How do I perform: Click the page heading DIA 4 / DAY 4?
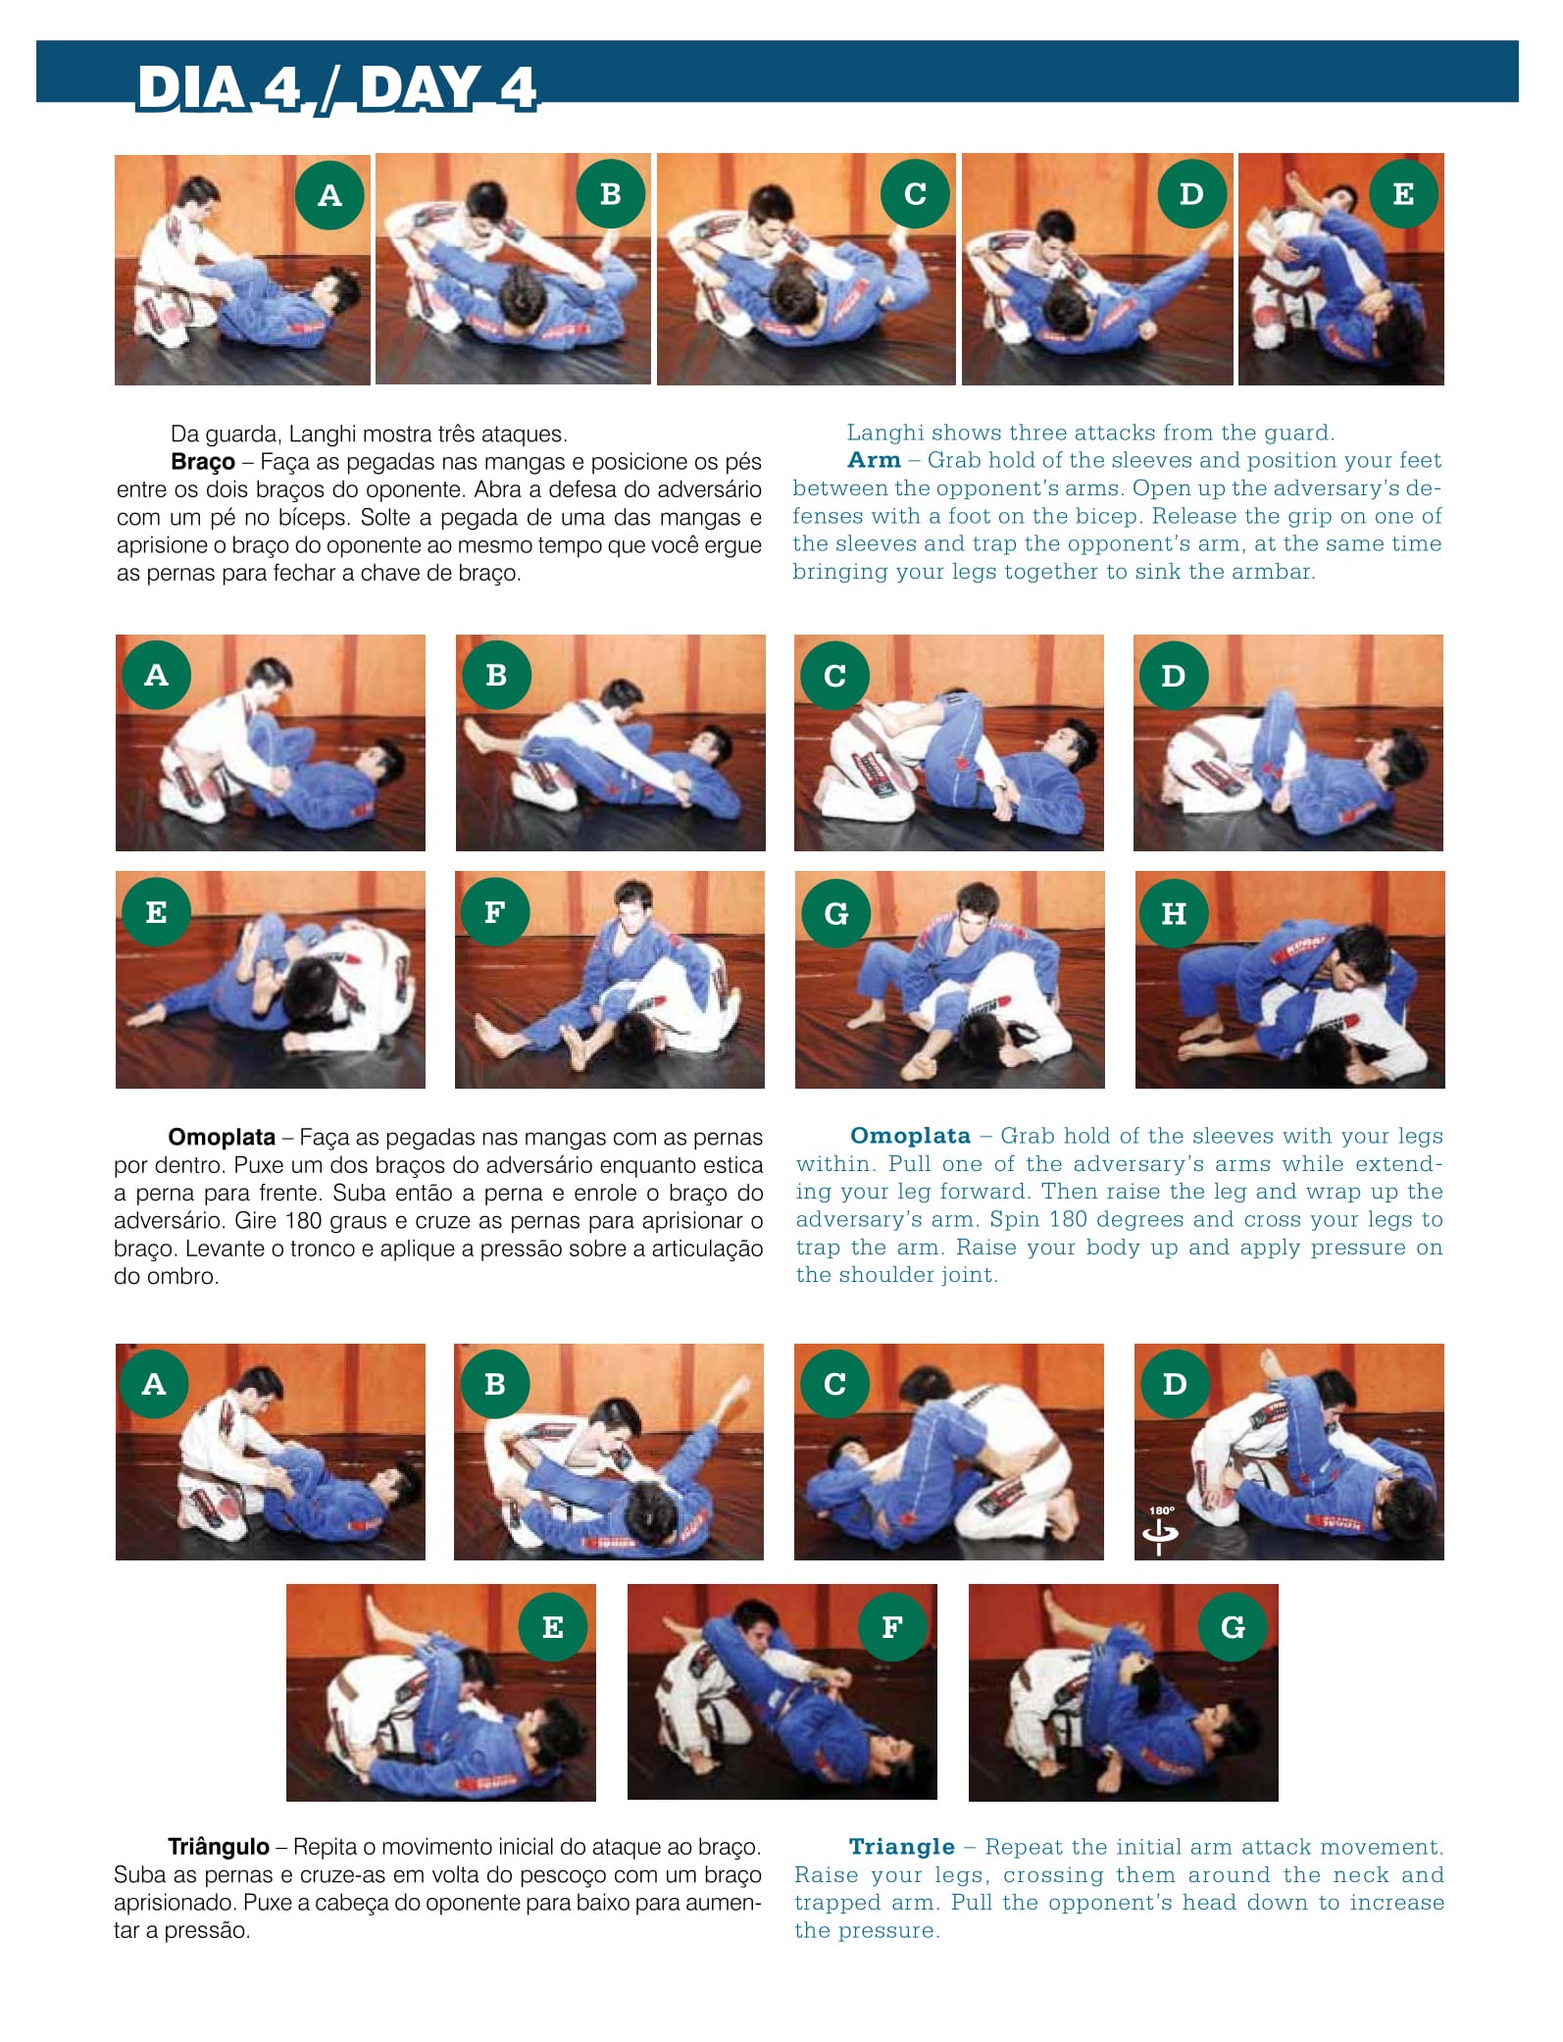[336, 87]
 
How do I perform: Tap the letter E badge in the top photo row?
[1403, 194]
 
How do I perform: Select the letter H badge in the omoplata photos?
[1173, 913]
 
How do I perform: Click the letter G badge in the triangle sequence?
[1233, 1627]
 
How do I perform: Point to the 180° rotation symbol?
[1161, 1528]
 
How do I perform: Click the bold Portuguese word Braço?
[203, 462]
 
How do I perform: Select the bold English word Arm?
[874, 460]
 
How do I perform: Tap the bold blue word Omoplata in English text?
[910, 1136]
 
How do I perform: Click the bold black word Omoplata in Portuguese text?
[222, 1138]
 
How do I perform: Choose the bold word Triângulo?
[219, 1847]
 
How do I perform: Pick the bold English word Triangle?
[902, 1847]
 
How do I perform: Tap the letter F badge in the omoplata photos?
[495, 912]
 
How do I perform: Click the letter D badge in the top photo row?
[1191, 194]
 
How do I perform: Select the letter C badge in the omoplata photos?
[834, 676]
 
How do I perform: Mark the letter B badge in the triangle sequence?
[495, 1384]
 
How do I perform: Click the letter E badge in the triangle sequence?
[553, 1627]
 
